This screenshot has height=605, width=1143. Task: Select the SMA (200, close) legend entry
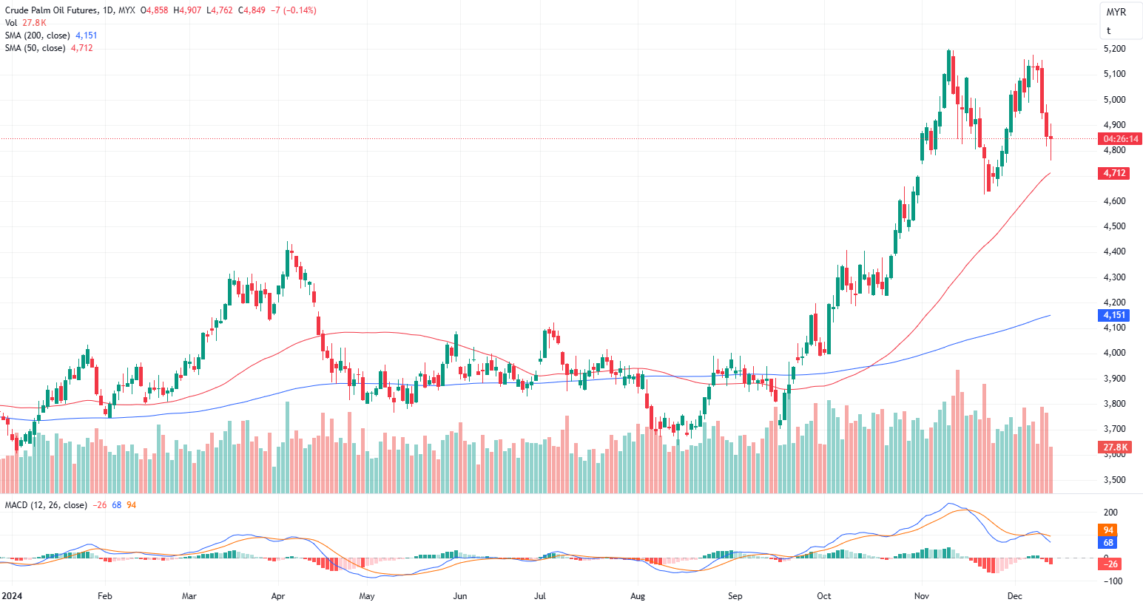(x=38, y=36)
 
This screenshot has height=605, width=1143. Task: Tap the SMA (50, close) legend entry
(x=35, y=48)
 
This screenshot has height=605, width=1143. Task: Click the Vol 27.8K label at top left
(x=25, y=23)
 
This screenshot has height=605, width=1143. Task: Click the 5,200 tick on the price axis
(x=1114, y=49)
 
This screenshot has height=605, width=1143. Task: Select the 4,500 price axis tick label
(x=1114, y=226)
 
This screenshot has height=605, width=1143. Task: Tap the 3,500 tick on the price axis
(x=1114, y=480)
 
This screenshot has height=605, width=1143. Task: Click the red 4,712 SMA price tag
(x=1114, y=173)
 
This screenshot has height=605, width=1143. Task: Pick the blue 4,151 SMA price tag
(x=1114, y=315)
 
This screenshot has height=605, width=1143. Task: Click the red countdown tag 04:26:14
(x=1120, y=139)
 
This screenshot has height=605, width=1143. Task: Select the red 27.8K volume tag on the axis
(x=1115, y=447)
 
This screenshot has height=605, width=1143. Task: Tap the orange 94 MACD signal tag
(x=1108, y=530)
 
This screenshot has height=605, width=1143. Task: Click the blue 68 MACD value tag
(x=1108, y=543)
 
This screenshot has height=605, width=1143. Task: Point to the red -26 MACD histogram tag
(x=1111, y=564)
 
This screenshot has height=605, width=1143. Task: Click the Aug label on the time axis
(x=638, y=596)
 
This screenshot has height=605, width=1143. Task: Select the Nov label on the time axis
(x=921, y=596)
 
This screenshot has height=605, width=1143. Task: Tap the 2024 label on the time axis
(x=12, y=596)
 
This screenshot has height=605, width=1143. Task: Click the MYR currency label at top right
(x=1116, y=13)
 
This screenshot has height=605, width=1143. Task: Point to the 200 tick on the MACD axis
(x=1110, y=513)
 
